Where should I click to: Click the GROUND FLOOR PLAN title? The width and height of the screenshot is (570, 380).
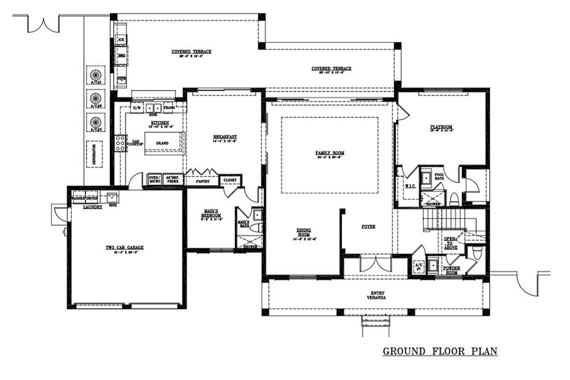[440, 351]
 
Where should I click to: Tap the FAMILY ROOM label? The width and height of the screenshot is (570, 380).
[330, 153]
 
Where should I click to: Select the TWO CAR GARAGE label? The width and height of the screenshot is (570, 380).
[124, 247]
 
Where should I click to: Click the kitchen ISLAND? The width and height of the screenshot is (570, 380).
[162, 143]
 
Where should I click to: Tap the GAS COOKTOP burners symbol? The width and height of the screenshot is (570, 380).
[120, 143]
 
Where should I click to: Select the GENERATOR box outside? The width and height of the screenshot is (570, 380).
[94, 154]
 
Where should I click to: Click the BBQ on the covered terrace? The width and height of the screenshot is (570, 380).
[121, 55]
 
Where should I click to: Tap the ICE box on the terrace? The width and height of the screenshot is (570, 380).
[121, 39]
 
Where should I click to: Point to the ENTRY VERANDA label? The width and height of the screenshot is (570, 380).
[377, 295]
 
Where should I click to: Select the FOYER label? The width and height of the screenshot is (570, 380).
[368, 226]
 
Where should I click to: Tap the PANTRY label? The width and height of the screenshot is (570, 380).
[202, 181]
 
